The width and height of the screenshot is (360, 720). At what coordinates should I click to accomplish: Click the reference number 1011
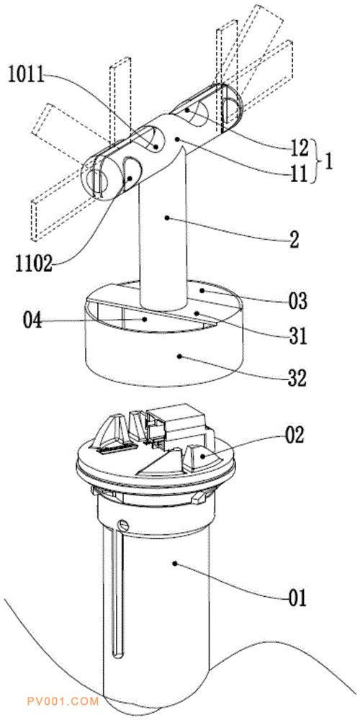click(x=26, y=75)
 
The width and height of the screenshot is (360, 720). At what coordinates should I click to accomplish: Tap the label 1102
click(x=32, y=264)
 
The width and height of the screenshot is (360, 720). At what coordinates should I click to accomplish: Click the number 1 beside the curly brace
click(x=329, y=161)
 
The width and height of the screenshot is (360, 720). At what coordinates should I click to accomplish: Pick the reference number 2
click(x=294, y=240)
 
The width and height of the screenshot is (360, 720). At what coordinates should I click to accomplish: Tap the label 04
click(x=32, y=320)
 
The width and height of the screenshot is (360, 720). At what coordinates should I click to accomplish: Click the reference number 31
click(x=298, y=337)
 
